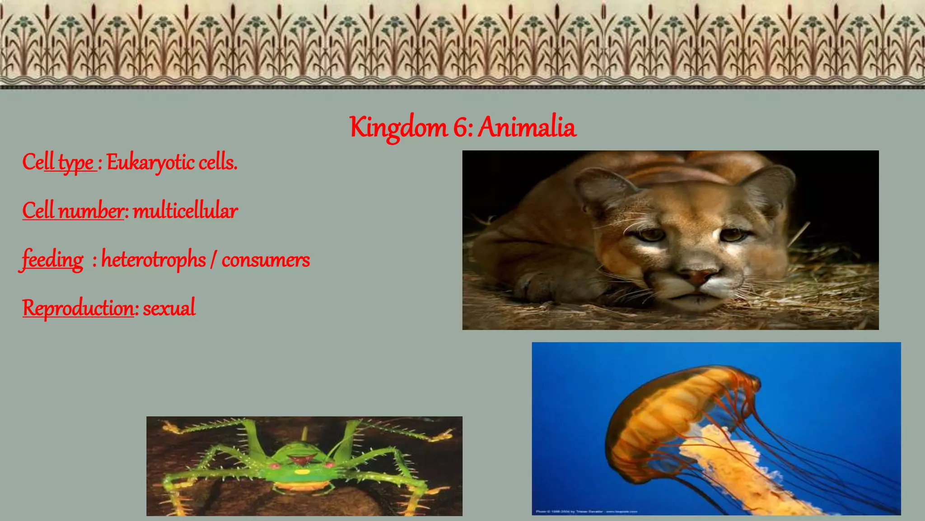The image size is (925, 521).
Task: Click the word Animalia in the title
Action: (x=527, y=127)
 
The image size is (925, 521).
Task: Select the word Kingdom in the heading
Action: (x=398, y=128)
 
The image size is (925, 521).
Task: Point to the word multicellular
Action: (x=185, y=211)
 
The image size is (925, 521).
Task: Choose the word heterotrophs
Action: (x=154, y=260)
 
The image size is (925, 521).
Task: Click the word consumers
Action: (x=266, y=260)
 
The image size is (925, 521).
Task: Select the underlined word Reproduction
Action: (x=78, y=308)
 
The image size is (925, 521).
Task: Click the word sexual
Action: (x=169, y=308)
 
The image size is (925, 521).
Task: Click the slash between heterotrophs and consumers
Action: (x=213, y=260)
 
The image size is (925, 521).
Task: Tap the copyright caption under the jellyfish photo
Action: (x=587, y=512)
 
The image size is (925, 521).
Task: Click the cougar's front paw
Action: (x=537, y=284)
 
